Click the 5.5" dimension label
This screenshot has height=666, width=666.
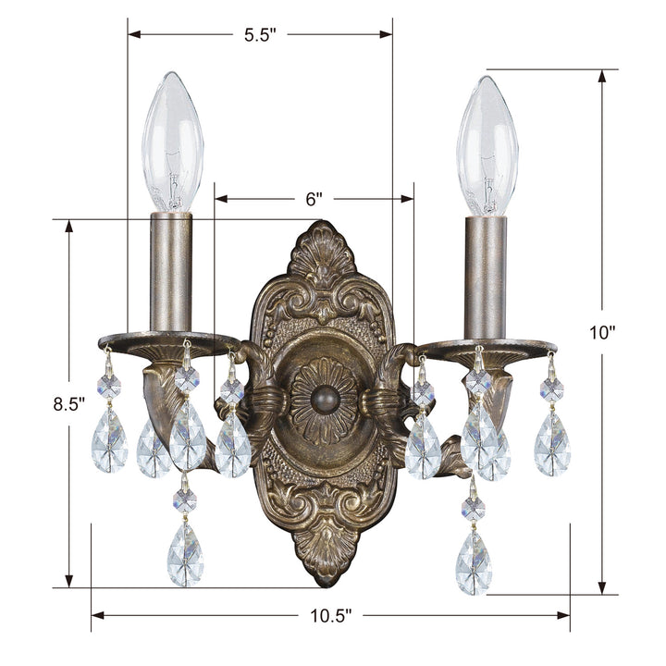coord(260,36)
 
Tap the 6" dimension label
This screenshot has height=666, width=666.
coord(314,199)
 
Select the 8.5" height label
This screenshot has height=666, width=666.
coord(68,404)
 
